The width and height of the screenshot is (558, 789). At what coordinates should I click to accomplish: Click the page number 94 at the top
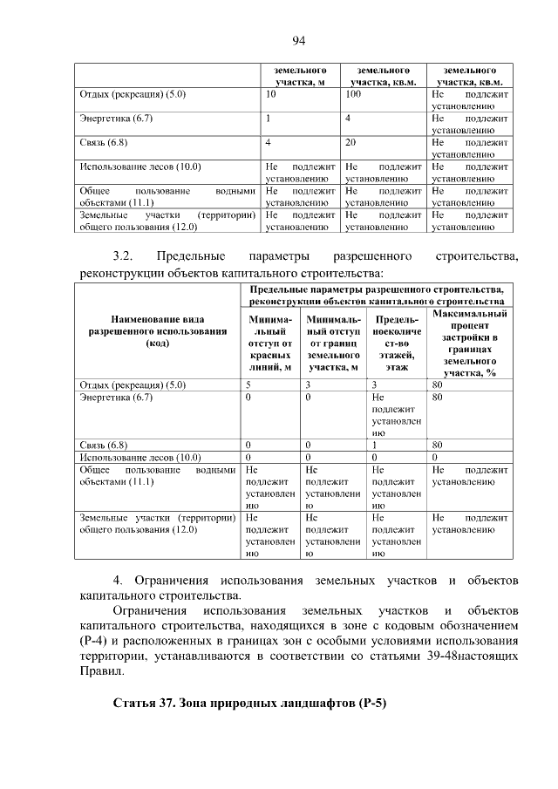pos(298,40)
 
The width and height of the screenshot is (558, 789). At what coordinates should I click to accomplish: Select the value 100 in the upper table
pos(353,92)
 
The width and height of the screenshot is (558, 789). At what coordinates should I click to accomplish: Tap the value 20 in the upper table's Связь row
pos(350,141)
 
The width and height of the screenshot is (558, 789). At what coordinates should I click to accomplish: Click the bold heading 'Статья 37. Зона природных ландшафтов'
pos(249,703)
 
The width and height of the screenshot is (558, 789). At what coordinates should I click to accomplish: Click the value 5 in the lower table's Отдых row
pos(248,384)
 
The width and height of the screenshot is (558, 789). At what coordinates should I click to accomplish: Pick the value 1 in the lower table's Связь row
pos(373,445)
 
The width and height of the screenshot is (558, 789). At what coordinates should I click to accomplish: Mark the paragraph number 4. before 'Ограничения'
pos(119,580)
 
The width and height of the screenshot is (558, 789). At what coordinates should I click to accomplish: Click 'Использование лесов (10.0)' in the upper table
pos(127,166)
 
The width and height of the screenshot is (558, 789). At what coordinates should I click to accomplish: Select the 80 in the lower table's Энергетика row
pos(438,398)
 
